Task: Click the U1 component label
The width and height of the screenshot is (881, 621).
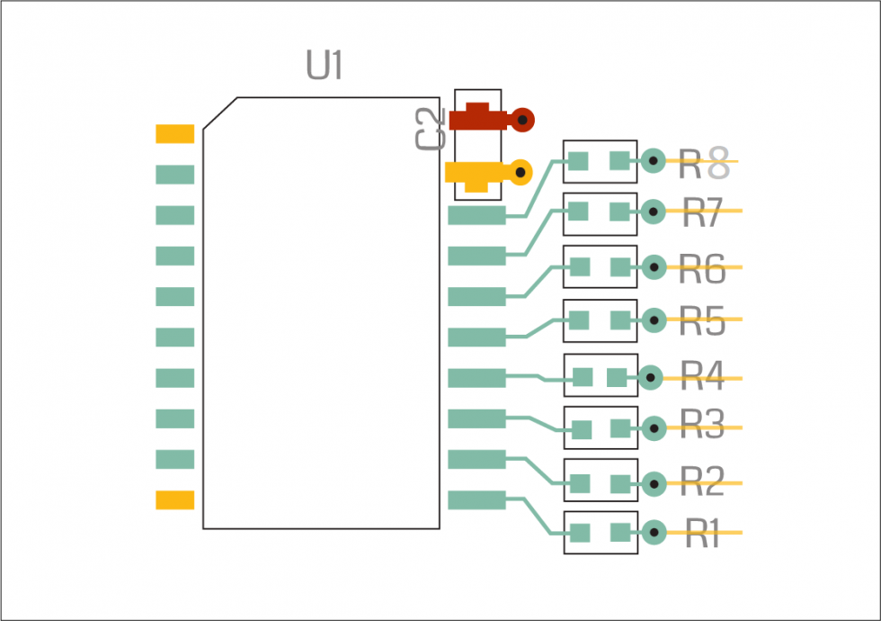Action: click(325, 66)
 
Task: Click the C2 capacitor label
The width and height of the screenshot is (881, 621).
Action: click(431, 128)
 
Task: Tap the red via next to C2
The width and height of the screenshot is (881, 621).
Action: click(521, 119)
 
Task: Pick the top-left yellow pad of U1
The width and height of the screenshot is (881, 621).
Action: click(174, 134)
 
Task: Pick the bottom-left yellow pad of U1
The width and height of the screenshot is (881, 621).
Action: click(174, 500)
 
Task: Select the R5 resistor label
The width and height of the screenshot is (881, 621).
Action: click(702, 320)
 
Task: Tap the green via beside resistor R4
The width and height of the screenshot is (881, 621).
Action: click(650, 378)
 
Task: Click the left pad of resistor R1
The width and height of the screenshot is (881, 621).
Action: click(579, 533)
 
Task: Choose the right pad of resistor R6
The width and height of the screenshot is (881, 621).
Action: click(620, 267)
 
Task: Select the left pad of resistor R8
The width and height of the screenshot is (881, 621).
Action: click(578, 161)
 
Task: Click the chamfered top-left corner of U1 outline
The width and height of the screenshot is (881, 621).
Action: click(219, 113)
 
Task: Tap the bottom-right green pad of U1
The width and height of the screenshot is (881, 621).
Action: click(476, 500)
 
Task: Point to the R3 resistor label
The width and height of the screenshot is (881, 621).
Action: click(702, 426)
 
